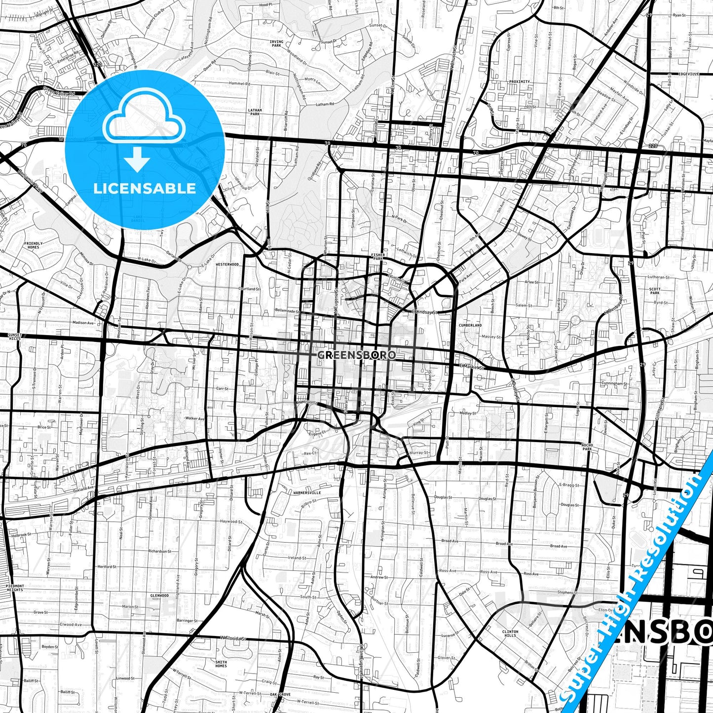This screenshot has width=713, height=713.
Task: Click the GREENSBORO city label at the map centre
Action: (x=356, y=355)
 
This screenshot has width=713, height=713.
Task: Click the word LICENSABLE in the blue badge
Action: (x=145, y=188)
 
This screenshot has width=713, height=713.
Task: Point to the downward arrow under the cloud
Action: (x=137, y=160)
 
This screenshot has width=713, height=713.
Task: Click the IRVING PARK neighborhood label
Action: (x=276, y=44)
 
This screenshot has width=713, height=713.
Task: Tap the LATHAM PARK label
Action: (x=255, y=112)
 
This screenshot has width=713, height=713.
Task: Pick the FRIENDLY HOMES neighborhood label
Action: (x=33, y=245)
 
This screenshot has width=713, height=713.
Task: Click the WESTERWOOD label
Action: (x=227, y=264)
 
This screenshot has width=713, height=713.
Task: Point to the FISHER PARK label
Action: (x=377, y=257)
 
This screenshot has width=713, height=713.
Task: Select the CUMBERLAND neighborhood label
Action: (x=470, y=326)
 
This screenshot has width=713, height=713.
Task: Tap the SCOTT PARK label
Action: (x=655, y=291)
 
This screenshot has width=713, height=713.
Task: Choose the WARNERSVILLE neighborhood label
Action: (x=307, y=492)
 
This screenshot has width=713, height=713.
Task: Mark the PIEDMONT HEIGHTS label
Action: (x=14, y=588)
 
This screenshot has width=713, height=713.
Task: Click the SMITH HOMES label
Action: (x=221, y=664)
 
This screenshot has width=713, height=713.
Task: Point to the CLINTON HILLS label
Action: (x=510, y=634)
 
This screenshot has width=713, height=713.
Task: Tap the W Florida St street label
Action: (x=233, y=638)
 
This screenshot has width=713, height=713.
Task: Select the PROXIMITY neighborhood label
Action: (x=519, y=81)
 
